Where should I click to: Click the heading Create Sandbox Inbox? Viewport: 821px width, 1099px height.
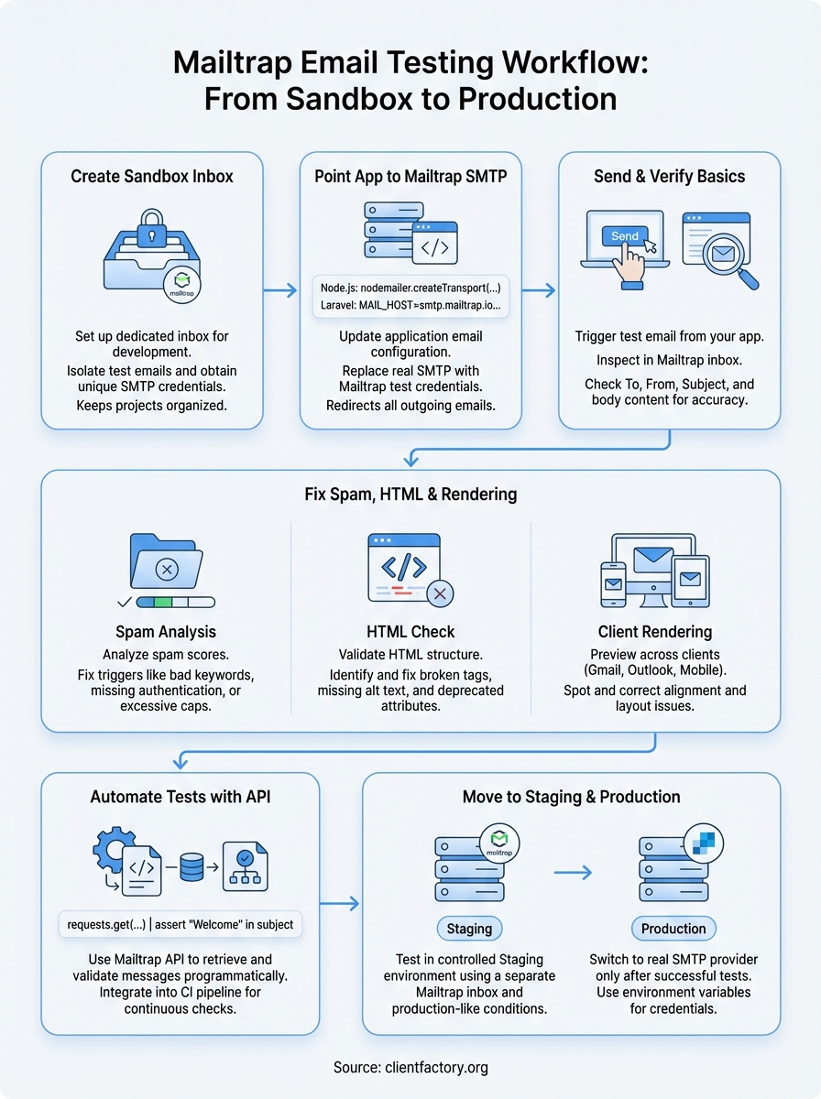[x=152, y=176]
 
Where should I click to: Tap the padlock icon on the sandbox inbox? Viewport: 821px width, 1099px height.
[x=152, y=229]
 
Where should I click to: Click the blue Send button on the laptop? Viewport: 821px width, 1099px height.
[x=625, y=235]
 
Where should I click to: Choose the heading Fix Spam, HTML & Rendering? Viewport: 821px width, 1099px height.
[x=410, y=495]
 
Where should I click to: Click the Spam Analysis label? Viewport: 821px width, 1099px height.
[x=166, y=632]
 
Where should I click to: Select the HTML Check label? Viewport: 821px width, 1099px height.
[x=410, y=632]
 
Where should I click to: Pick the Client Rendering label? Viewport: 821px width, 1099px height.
[x=655, y=632]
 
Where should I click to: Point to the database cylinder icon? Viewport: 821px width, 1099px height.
[x=192, y=866]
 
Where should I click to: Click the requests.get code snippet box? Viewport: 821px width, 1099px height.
[x=181, y=924]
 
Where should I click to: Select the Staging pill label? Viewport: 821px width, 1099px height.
[x=469, y=928]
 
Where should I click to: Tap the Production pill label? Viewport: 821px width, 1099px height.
[x=673, y=928]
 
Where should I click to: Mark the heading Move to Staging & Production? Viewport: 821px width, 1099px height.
[x=572, y=797]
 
